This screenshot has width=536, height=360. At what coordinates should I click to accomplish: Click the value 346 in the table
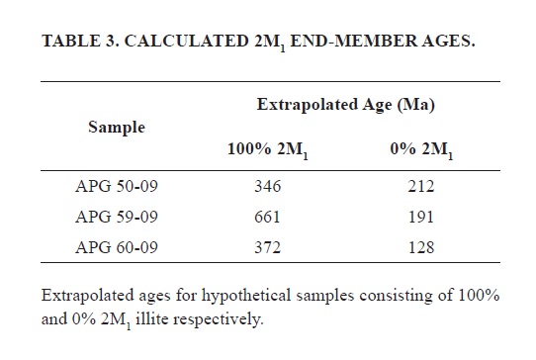click(x=267, y=186)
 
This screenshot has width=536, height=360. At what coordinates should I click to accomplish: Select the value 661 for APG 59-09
click(x=267, y=217)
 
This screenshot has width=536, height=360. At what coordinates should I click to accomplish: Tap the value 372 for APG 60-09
click(x=267, y=247)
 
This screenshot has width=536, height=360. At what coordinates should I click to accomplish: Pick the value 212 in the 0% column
click(x=421, y=186)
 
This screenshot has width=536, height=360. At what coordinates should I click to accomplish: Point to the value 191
click(x=421, y=217)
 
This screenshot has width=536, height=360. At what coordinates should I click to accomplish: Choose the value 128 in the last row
click(x=421, y=247)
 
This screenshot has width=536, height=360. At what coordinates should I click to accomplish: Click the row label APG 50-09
click(x=117, y=186)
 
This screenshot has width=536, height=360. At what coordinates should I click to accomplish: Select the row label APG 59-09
click(x=117, y=217)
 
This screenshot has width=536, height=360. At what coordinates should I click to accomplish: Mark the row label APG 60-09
click(x=117, y=247)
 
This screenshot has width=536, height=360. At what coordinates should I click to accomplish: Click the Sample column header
click(x=117, y=128)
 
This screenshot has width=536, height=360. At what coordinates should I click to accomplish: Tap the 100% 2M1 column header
click(x=268, y=150)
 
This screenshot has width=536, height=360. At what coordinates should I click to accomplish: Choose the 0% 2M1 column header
click(x=421, y=150)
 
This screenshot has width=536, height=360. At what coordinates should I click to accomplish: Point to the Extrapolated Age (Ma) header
click(x=345, y=105)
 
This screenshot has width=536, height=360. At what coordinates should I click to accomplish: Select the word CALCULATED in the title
click(x=186, y=41)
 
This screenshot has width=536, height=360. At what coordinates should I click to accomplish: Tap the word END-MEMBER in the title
click(x=354, y=41)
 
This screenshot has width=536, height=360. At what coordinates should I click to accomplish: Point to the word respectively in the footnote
click(x=219, y=320)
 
